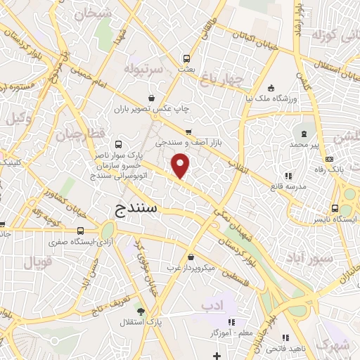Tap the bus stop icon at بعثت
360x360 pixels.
click(187, 59)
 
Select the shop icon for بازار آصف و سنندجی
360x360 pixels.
click(188, 132)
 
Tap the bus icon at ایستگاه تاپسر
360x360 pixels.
click(335, 208)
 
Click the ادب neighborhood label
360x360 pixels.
click(211, 305)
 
